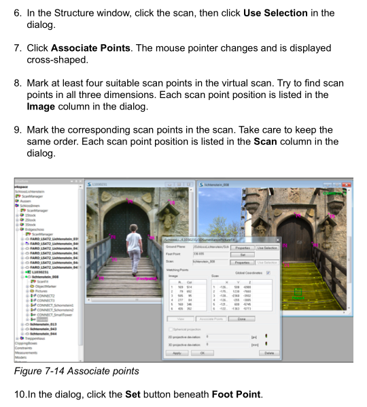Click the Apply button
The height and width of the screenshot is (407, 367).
176,353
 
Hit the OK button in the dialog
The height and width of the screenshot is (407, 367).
201,353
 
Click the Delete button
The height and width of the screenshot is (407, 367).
269,353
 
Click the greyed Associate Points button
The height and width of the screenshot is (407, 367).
211,319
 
